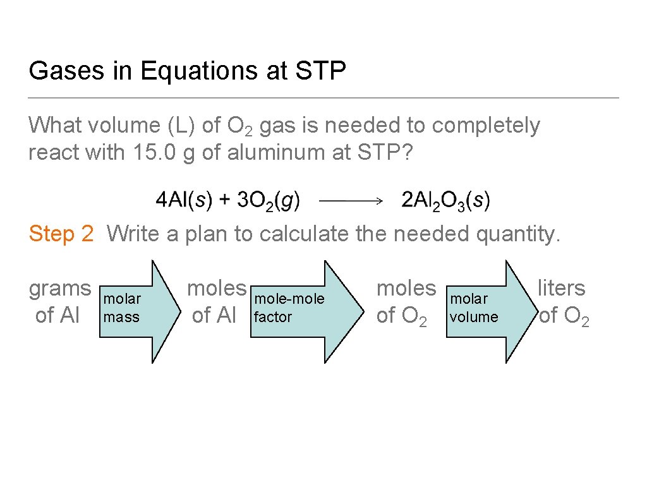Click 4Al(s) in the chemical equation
coord(184,201)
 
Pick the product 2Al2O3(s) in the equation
coord(445,201)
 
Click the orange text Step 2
coord(61,234)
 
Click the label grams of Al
coord(60,301)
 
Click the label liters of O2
coord(562,301)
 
